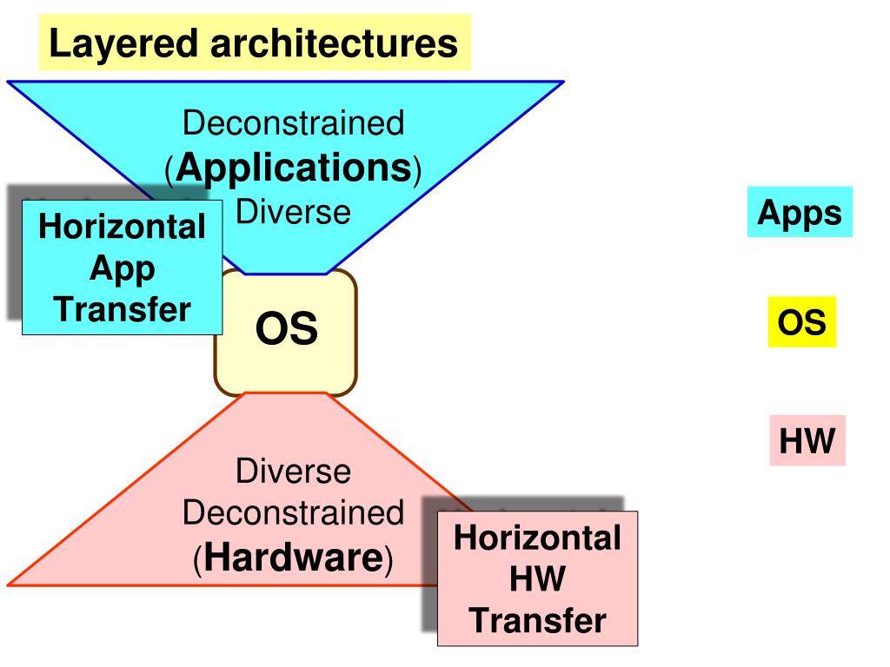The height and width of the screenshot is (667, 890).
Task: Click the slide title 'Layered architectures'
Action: point(254,43)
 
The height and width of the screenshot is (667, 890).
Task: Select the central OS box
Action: point(286,331)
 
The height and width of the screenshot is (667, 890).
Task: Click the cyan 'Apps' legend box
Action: point(800,213)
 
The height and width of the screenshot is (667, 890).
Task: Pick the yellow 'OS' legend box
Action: point(801,323)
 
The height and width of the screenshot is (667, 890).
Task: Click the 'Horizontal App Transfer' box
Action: point(122,267)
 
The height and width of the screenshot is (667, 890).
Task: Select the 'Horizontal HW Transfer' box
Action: point(537,578)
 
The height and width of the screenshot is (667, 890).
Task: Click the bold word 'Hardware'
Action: point(294,558)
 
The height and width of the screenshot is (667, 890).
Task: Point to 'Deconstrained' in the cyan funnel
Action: point(294,123)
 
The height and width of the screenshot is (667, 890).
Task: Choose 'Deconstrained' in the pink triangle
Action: point(294,513)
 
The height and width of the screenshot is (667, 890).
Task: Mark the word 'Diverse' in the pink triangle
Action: point(294,472)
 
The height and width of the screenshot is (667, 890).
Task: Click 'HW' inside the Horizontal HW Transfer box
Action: point(537,579)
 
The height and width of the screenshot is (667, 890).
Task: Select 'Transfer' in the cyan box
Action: point(122,309)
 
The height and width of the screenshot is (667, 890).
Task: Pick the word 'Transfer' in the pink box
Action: point(537,621)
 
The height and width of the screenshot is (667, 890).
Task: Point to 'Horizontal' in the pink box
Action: point(537,538)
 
